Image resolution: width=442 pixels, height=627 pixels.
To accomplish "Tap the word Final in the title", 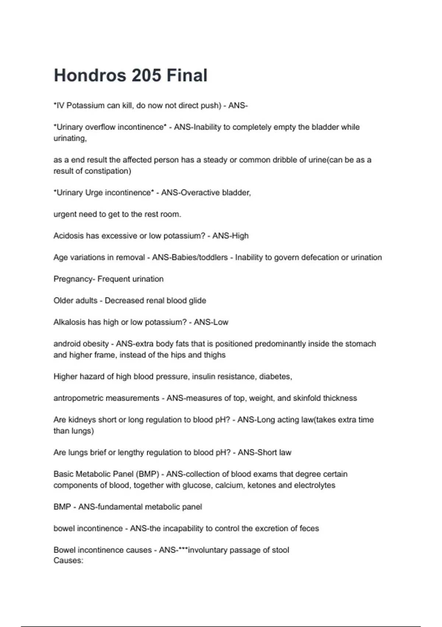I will coord(187,75).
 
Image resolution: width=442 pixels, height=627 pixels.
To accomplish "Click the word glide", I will coord(197,301).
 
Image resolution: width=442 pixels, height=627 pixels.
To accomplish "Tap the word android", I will coord(68,344).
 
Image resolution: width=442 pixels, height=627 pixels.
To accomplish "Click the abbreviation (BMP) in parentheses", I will coord(147,474).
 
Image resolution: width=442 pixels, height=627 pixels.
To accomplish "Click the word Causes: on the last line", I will coord(69,561).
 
